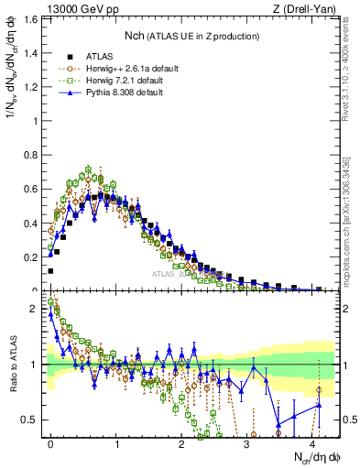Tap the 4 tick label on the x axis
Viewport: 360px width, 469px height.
[312, 442]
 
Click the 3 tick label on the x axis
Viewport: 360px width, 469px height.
[247, 442]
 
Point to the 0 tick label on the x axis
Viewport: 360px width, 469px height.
[51, 442]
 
